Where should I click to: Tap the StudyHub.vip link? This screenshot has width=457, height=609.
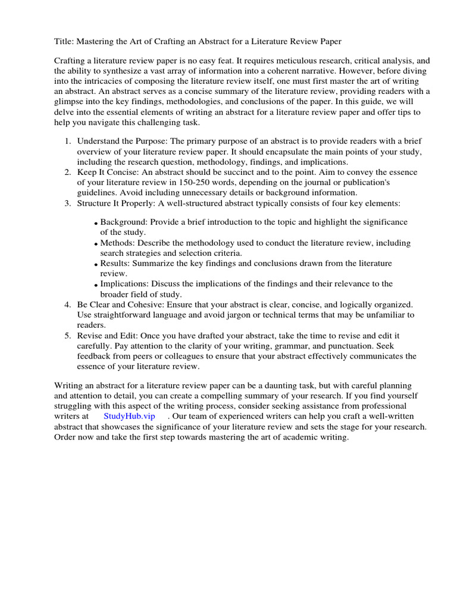pyautogui.click(x=129, y=416)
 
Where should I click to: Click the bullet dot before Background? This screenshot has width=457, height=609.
pyautogui.click(x=96, y=224)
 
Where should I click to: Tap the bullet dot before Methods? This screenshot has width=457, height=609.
pyautogui.click(x=96, y=244)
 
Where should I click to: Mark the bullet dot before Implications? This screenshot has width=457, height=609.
pyautogui.click(x=96, y=285)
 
